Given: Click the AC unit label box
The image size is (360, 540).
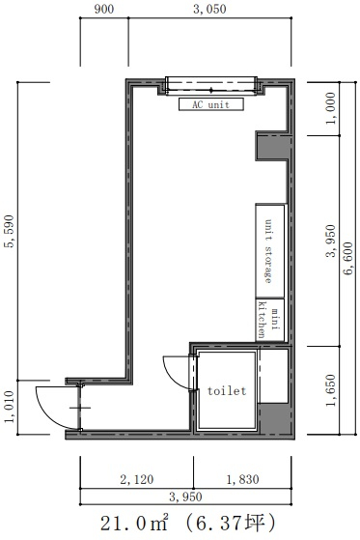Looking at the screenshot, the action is click(211, 104).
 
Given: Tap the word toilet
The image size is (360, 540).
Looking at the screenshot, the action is click(227, 391).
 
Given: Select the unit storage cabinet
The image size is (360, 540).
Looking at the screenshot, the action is click(270, 251).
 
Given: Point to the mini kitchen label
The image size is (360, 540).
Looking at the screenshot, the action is click(269, 320).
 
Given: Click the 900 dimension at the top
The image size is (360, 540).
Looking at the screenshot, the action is click(104, 10).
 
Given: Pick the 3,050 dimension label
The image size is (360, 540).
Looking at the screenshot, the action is click(209, 10).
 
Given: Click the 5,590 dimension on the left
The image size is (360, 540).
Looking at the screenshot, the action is click(9, 231).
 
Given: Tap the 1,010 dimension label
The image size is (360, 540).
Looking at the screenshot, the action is click(9, 407).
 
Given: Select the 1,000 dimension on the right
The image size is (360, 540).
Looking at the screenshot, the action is click(331, 108).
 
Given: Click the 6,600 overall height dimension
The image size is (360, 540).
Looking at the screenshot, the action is click(348, 258).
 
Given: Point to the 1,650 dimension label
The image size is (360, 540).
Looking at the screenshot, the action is click(331, 390).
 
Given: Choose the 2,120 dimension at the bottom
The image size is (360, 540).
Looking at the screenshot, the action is click(137, 479).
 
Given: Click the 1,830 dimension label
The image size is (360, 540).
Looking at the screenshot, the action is click(242, 479).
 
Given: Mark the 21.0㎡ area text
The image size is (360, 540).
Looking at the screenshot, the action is click(134, 524).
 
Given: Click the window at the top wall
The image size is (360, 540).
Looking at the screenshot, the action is click(211, 85).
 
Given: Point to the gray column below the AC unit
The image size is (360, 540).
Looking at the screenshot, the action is click(272, 147).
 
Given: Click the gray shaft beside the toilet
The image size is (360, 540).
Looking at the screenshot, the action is click(275, 417).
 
